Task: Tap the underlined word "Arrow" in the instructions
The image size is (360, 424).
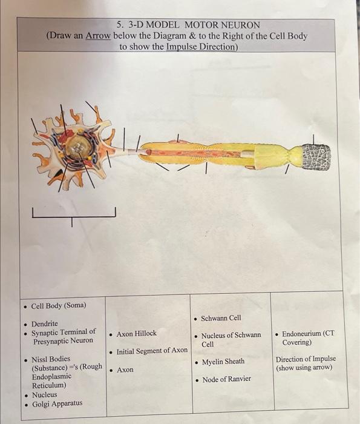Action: click(98, 36)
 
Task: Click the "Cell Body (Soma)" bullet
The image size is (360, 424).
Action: click(59, 305)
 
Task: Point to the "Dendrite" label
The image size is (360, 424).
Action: click(45, 323)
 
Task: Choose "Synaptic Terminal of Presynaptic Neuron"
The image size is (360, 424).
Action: click(64, 336)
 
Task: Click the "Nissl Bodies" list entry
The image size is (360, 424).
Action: click(51, 359)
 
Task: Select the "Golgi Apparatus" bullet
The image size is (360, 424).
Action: click(57, 404)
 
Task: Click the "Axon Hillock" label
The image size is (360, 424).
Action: click(136, 333)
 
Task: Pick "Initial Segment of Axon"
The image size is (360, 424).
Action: click(152, 351)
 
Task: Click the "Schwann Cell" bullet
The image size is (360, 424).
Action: click(221, 318)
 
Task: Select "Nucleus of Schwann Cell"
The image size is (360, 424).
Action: click(231, 339)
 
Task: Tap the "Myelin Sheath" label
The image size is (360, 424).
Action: click(223, 362)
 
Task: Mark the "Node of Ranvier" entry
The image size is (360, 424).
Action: click(226, 379)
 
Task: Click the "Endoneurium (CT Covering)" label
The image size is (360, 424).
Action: click(307, 337)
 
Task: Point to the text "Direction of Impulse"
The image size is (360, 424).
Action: click(306, 359)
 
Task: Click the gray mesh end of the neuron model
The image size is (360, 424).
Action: click(316, 157)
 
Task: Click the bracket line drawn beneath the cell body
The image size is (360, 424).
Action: click(72, 216)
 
